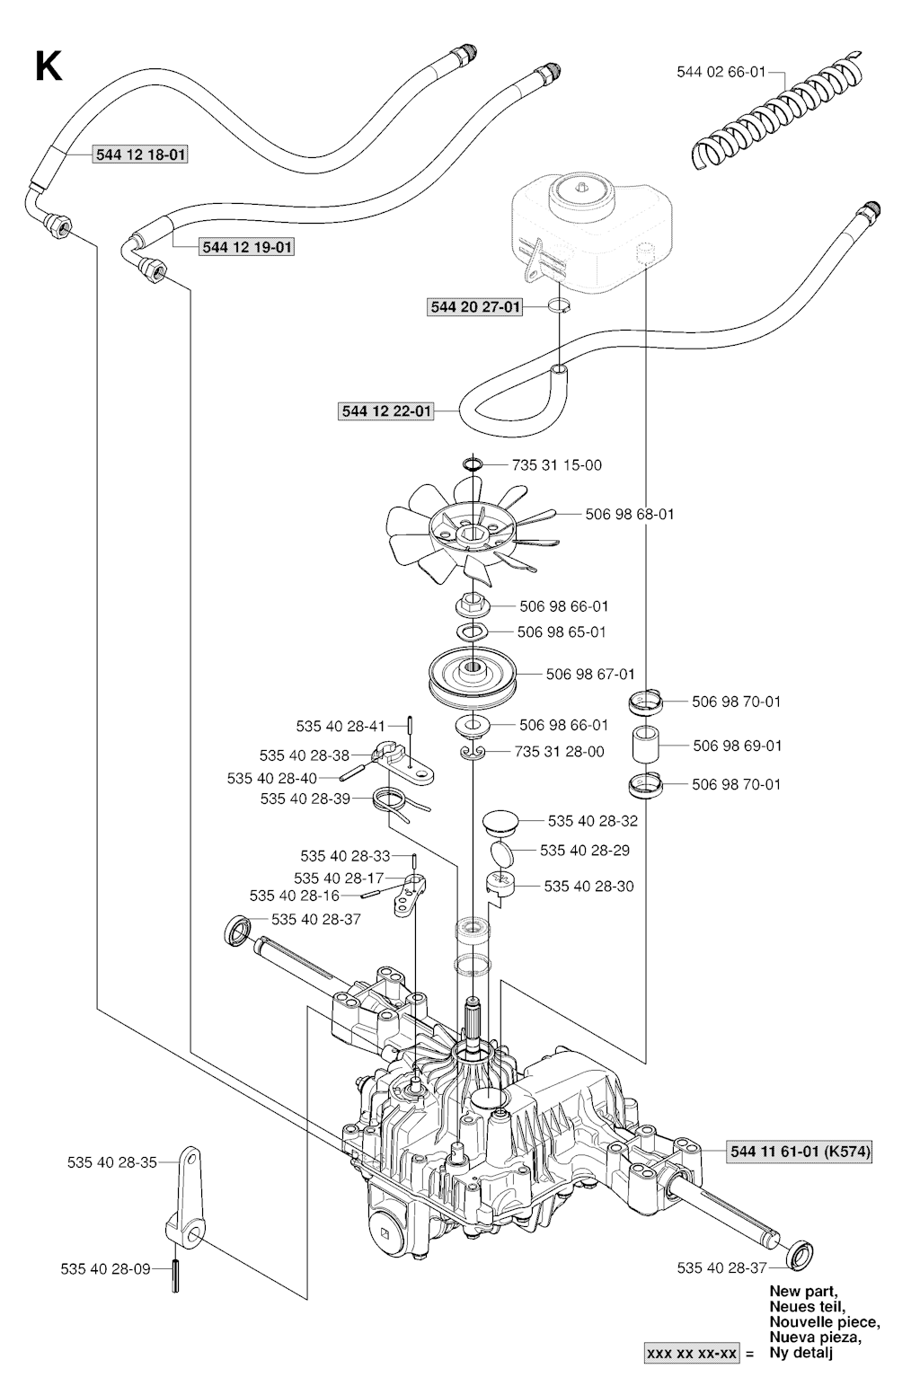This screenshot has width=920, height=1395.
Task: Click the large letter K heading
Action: click(x=49, y=66)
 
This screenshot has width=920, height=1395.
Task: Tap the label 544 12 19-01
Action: click(x=246, y=247)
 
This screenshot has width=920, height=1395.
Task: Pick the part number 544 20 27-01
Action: click(x=475, y=307)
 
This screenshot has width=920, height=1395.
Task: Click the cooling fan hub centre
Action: click(x=472, y=534)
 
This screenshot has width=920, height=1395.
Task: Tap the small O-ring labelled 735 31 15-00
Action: click(x=473, y=464)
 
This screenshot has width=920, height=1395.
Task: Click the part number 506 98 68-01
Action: click(x=629, y=515)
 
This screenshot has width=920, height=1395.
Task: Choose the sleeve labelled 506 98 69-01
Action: click(x=647, y=744)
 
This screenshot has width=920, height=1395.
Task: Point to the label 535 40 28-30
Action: click(x=588, y=886)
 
